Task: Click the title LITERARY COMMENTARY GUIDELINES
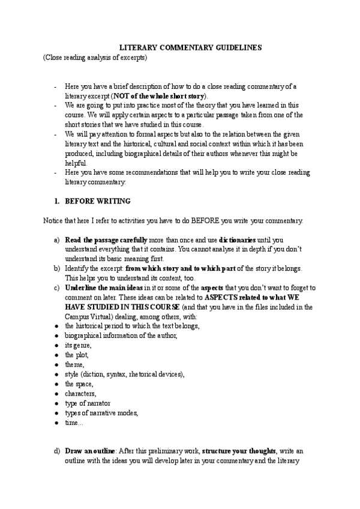[x=180, y=47]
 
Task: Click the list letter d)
[x=56, y=466]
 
